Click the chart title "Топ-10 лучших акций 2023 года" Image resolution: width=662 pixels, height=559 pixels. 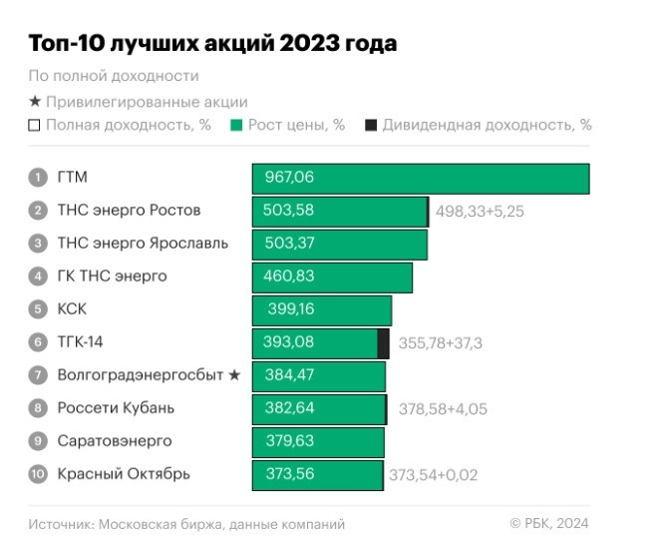(212, 44)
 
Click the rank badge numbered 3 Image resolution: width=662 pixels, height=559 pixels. (38, 244)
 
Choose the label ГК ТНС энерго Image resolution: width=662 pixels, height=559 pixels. (112, 277)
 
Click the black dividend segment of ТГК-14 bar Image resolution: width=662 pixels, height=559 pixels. (384, 342)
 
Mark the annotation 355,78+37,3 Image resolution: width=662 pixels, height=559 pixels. (440, 343)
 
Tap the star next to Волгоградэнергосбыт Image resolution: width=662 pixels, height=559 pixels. (234, 375)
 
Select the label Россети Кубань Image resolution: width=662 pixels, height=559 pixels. (116, 408)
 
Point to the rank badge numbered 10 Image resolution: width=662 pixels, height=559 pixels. (38, 474)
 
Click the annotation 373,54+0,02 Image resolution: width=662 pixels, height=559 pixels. (433, 475)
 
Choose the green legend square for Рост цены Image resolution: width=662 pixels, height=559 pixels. (236, 126)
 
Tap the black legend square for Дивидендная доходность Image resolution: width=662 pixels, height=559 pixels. (371, 126)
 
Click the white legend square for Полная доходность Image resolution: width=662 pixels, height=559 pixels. (35, 126)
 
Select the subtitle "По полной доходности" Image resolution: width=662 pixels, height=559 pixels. (114, 76)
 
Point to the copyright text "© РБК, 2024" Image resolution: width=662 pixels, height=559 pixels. (549, 523)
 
